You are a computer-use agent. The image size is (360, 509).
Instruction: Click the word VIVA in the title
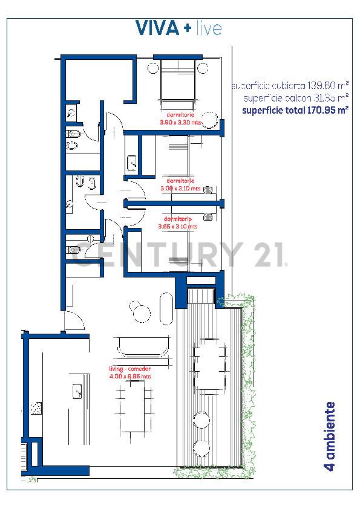tap(157, 28)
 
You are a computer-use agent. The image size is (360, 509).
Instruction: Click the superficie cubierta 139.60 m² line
tap(290, 86)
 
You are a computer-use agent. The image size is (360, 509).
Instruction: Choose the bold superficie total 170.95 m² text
tap(295, 110)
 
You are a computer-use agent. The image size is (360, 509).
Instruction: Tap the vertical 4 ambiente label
tap(330, 435)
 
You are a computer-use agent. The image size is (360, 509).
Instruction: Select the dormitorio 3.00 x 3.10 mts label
tap(180, 184)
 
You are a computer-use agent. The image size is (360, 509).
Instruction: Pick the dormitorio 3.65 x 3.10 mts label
tap(178, 222)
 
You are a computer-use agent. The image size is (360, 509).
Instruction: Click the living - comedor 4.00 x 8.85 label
tap(129, 372)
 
